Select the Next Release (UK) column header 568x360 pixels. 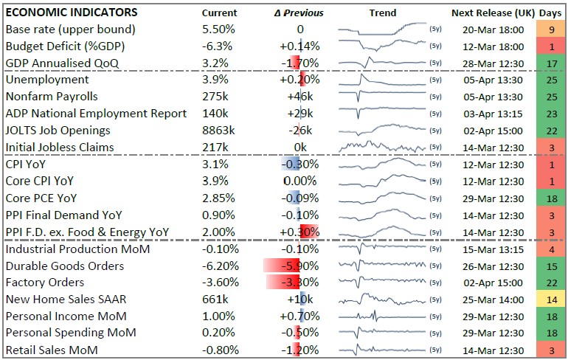click(488, 13)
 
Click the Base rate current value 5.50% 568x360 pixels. click(219, 30)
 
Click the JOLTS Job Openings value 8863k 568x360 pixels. click(218, 130)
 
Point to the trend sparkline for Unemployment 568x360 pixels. click(381, 80)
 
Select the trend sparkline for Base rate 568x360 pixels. click(381, 30)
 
